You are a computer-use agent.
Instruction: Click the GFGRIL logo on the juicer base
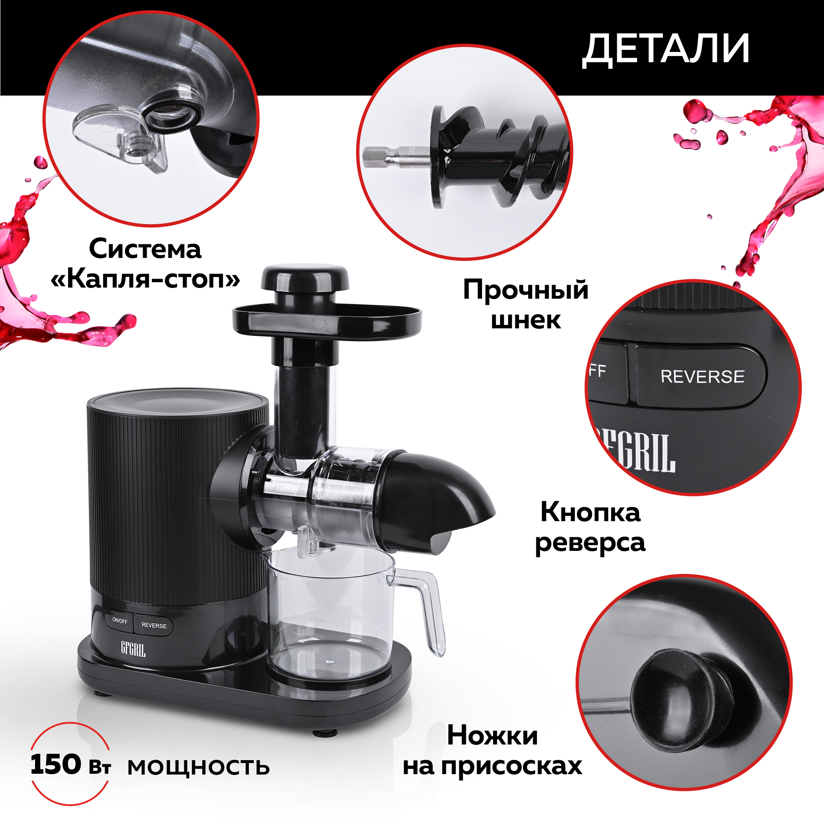pyautogui.click(x=133, y=649)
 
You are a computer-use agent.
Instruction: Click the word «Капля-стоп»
pyautogui.click(x=145, y=279)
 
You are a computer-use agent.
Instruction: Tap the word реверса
pyautogui.click(x=590, y=543)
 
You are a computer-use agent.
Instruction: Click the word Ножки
pyautogui.click(x=493, y=736)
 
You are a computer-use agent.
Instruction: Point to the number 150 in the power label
pyautogui.click(x=56, y=764)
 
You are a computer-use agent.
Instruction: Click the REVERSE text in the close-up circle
pyautogui.click(x=702, y=377)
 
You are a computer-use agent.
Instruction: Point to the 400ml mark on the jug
pyautogui.click(x=316, y=620)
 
